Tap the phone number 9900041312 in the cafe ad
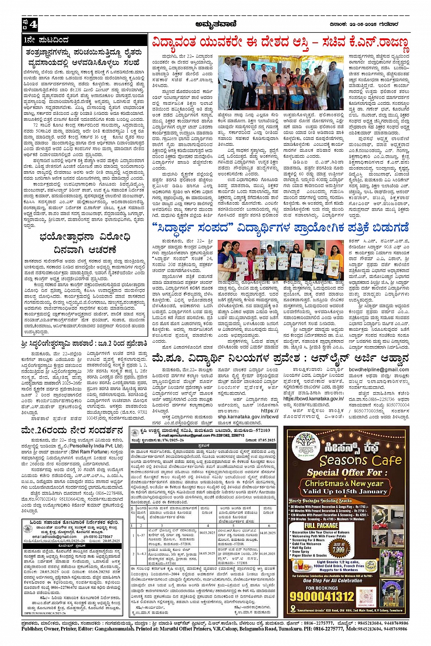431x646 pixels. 329,596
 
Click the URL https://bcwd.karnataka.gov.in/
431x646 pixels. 313,399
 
